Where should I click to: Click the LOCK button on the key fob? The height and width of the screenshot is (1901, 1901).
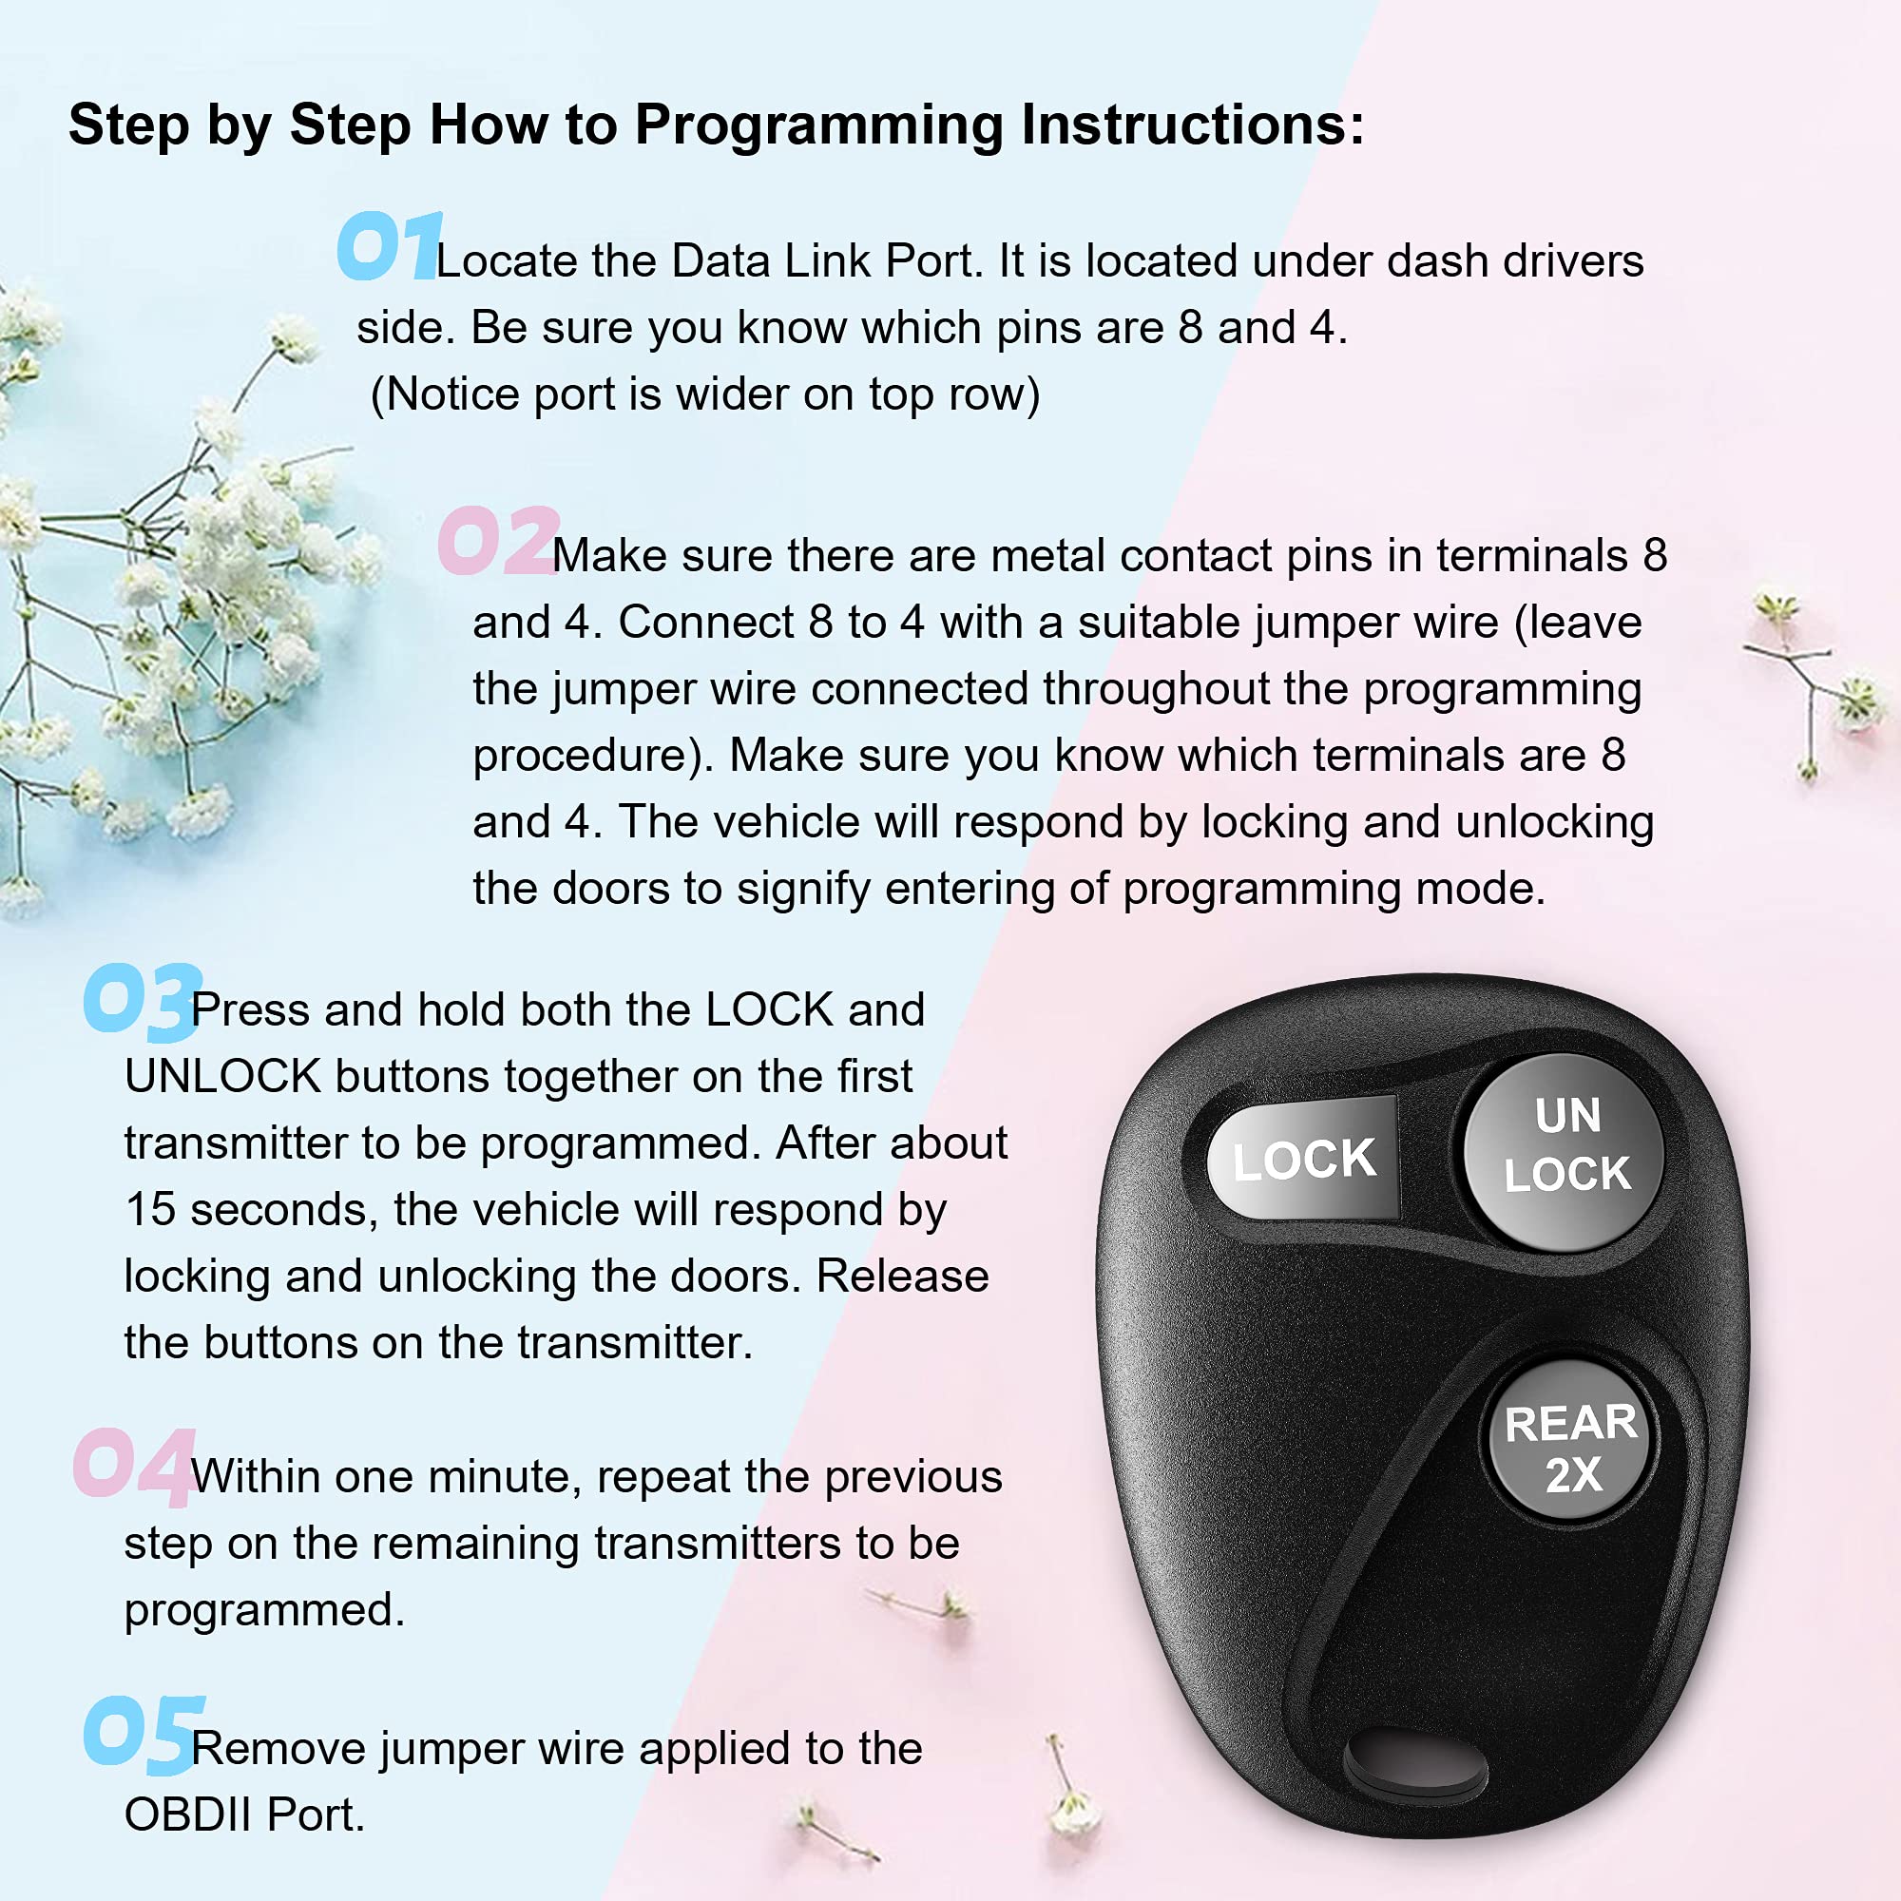pos(1303,1159)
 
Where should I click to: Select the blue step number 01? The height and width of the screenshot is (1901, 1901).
pos(389,246)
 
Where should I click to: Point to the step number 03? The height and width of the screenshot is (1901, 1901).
pos(143,1001)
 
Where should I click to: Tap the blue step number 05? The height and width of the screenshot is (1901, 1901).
pos(144,1734)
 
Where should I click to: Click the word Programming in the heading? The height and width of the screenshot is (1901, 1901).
pos(817,126)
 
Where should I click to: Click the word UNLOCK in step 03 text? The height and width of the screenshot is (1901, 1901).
pos(222,1077)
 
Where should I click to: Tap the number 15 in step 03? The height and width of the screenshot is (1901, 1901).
pos(149,1209)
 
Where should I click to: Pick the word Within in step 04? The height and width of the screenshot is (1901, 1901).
pos(255,1477)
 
